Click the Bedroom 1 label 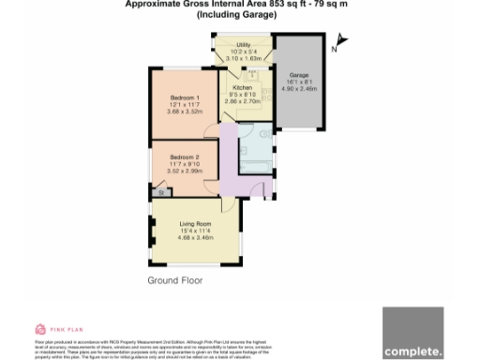184,98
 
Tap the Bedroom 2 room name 184,157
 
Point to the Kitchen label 242,87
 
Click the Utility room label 243,45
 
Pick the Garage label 299,75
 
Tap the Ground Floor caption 174,280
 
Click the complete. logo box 412,332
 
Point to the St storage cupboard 160,192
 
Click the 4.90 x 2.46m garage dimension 299,89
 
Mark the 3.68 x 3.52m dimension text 185,112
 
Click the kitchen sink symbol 253,73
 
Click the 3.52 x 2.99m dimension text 184,171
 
